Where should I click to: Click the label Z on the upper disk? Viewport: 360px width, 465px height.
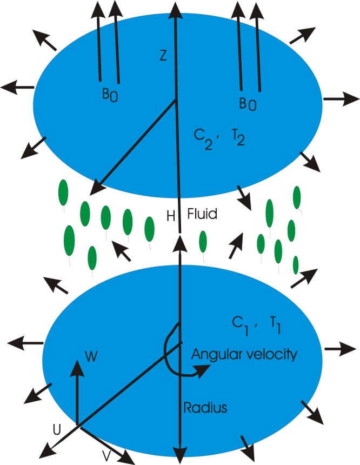[x=164, y=56]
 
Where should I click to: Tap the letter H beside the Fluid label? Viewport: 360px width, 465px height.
[x=171, y=216]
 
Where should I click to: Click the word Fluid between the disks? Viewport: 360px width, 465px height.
[x=202, y=214]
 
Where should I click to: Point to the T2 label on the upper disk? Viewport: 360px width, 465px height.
[x=238, y=137]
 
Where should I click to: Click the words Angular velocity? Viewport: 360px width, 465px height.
[x=244, y=355]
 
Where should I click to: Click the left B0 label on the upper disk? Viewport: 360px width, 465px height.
[x=111, y=94]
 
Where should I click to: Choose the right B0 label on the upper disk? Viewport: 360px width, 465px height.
[x=248, y=103]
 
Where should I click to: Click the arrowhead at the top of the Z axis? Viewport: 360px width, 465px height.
[x=174, y=8]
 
